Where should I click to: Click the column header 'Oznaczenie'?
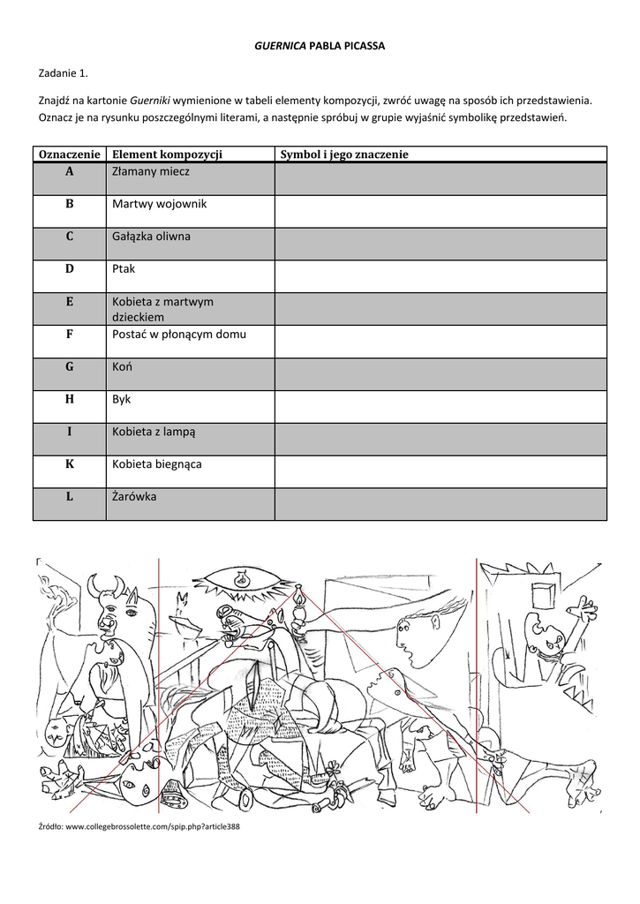coord(70,154)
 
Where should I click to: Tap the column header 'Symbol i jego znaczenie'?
coord(344,154)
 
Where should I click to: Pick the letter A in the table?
coord(69,171)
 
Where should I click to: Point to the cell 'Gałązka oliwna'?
coord(151,237)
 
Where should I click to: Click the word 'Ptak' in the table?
coord(124,268)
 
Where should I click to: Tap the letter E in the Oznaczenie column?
coord(69,302)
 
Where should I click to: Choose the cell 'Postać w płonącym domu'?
coord(178,335)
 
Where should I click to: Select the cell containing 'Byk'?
coord(122,399)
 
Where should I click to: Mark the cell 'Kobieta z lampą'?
coord(154,432)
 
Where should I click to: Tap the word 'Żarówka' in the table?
coord(134,496)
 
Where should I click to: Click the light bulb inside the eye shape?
coord(239,580)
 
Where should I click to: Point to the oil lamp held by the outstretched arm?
coord(299,604)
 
